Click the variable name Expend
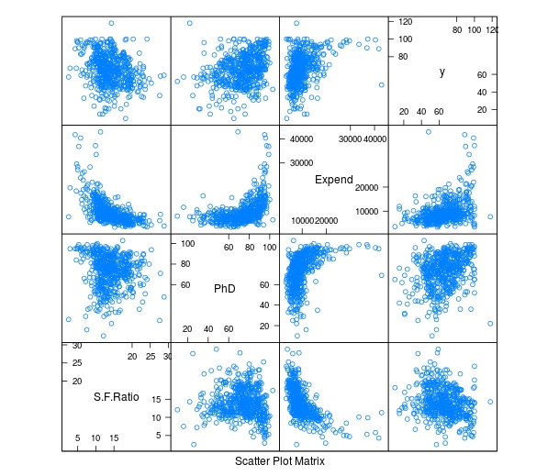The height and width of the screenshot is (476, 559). [x=333, y=180]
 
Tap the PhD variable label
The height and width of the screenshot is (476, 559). [x=225, y=288]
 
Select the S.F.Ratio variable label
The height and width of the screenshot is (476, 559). [x=116, y=397]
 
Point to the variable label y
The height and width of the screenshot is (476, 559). [x=442, y=72]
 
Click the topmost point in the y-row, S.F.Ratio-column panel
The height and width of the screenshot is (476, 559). [x=111, y=23]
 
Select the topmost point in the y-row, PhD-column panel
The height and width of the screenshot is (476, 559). [x=190, y=23]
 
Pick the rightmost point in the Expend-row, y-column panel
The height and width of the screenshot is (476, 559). [x=490, y=216]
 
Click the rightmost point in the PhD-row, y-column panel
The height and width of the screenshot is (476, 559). [x=490, y=323]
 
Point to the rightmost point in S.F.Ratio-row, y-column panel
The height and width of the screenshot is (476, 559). [x=490, y=402]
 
